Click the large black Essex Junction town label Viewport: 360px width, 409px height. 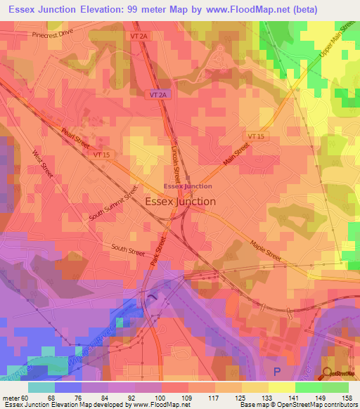coord(180,201)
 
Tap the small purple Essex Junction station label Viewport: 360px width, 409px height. coord(187,186)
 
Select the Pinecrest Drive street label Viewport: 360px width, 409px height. coord(52,34)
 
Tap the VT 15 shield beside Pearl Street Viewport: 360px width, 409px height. coord(102,154)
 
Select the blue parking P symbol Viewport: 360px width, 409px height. coord(276,371)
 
